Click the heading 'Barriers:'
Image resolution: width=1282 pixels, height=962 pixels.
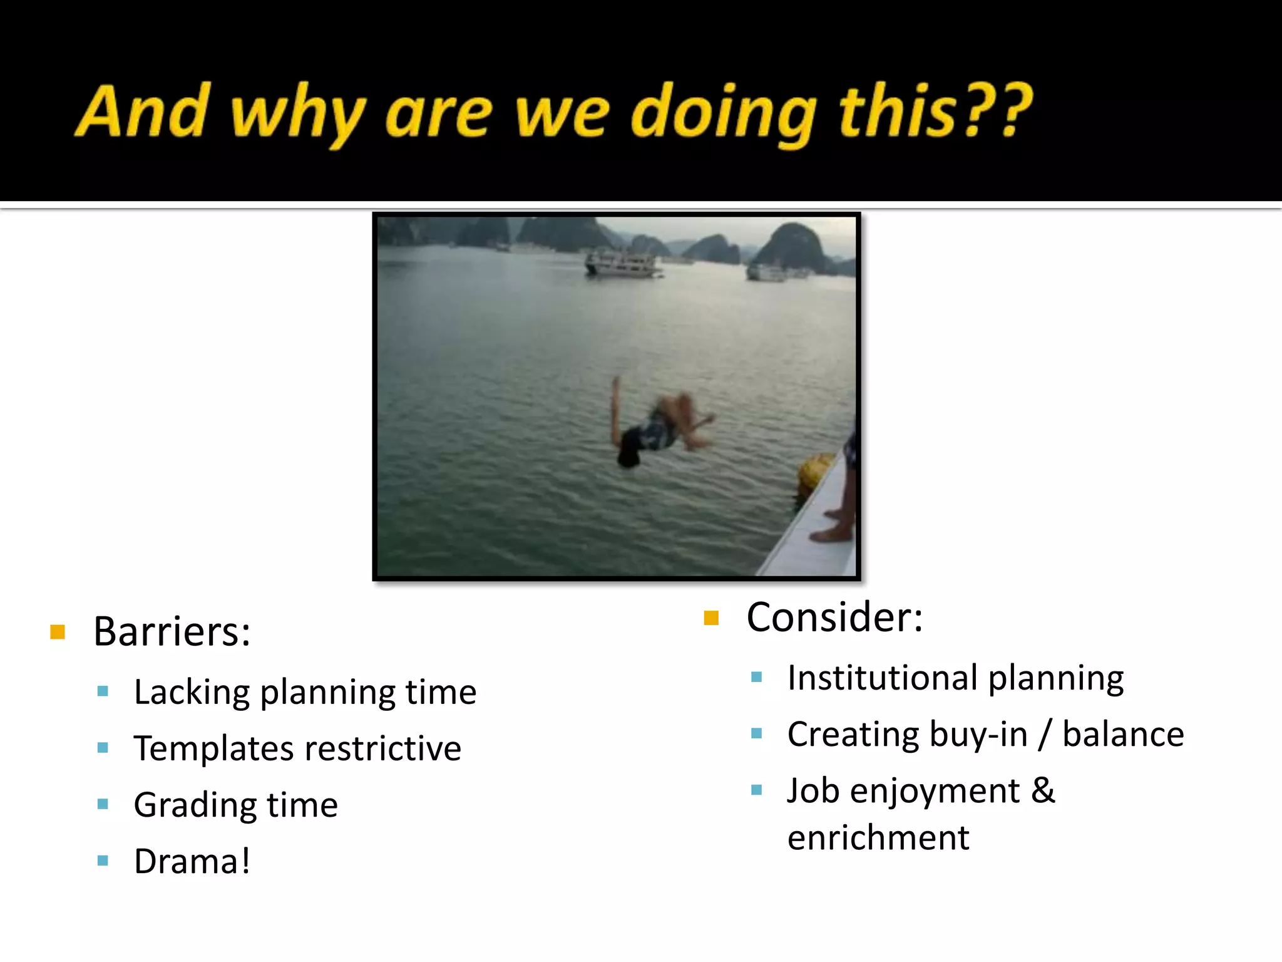(172, 631)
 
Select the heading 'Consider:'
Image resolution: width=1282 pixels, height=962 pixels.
(834, 618)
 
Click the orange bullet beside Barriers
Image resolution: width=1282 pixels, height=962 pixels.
(58, 631)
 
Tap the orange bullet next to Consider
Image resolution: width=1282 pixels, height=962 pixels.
(711, 618)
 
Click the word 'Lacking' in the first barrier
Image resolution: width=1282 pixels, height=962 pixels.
(192, 693)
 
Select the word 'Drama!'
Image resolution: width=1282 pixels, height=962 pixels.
(192, 861)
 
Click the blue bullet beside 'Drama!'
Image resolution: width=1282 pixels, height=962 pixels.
(103, 861)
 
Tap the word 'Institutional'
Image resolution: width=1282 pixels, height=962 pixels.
(883, 678)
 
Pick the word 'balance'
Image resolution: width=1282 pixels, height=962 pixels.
(1123, 735)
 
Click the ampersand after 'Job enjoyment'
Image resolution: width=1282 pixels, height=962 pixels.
(1043, 790)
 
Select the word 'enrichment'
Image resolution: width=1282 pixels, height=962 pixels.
(878, 838)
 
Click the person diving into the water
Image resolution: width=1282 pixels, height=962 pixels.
(657, 426)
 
